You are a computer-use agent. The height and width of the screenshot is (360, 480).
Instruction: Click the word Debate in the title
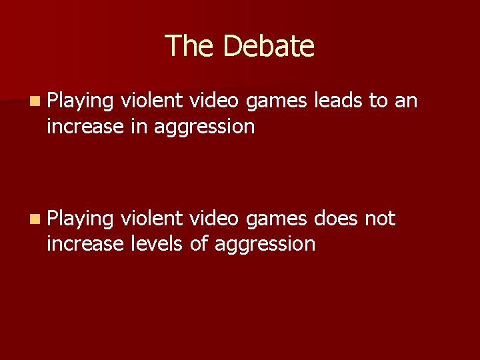269,46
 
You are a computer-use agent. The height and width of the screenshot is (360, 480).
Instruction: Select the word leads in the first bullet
338,101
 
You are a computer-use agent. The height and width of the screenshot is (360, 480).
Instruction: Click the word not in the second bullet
380,218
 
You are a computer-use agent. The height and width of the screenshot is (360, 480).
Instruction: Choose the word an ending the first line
405,101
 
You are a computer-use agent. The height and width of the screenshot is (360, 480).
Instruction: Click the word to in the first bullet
378,101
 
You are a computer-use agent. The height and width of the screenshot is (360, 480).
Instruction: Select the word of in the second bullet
199,243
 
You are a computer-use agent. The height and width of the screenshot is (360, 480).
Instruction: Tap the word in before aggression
139,126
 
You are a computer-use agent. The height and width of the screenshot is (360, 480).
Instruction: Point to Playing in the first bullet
80,102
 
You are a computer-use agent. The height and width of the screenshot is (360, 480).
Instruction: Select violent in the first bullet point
151,101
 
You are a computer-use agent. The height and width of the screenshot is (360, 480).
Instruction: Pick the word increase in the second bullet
85,243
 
